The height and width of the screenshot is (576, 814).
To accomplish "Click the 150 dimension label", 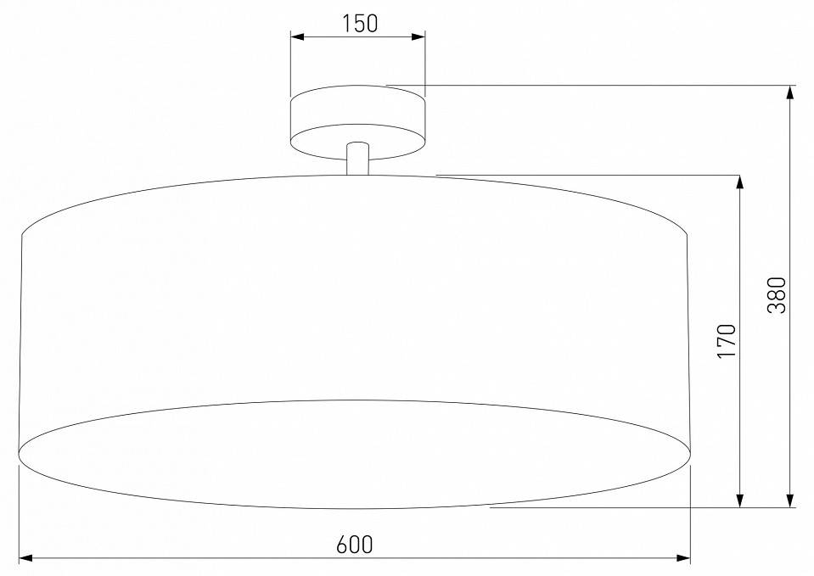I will tap(359, 23).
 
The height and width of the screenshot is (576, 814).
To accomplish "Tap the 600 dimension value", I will tap(354, 544).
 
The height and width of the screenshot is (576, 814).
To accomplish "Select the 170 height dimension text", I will tap(727, 340).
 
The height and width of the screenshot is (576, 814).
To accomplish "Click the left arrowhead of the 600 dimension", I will tap(25, 558).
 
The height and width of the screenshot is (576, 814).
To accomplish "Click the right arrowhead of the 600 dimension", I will tap(683, 558).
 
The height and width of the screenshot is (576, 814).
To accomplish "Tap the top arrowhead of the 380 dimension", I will tap(790, 92).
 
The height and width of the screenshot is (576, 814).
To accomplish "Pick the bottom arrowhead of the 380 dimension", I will tap(790, 501).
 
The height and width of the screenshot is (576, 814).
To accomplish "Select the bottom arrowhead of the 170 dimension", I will tap(740, 501).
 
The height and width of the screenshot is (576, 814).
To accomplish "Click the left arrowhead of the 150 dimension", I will tap(297, 36).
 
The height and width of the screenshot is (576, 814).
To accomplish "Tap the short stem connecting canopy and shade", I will tap(357, 159).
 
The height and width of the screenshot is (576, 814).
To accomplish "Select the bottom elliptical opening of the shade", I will tap(355, 454).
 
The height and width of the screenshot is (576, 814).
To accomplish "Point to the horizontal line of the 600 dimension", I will tap(212, 558).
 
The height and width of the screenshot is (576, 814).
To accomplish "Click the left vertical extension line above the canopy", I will tap(290, 64).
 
